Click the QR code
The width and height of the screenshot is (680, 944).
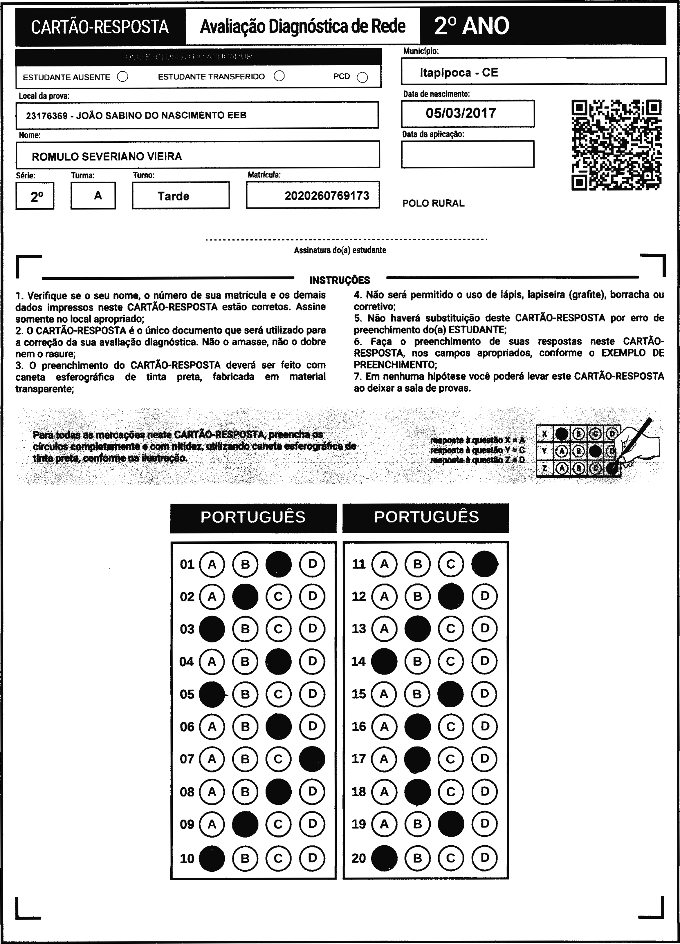[616, 145]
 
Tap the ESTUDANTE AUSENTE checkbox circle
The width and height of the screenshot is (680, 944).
[123, 77]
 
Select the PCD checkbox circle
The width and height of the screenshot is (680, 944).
[362, 77]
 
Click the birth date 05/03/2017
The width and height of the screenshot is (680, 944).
[461, 113]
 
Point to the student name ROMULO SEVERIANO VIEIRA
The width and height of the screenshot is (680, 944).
[107, 156]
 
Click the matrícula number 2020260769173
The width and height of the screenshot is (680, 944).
[327, 196]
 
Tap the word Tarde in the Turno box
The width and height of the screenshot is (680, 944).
[173, 196]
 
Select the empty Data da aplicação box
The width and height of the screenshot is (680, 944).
[467, 154]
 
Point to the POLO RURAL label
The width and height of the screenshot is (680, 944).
[433, 203]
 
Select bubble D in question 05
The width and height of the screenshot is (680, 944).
[312, 694]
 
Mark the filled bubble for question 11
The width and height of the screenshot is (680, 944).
[484, 564]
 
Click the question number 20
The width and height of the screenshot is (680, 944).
[358, 858]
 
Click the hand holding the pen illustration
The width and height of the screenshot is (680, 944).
[639, 445]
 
